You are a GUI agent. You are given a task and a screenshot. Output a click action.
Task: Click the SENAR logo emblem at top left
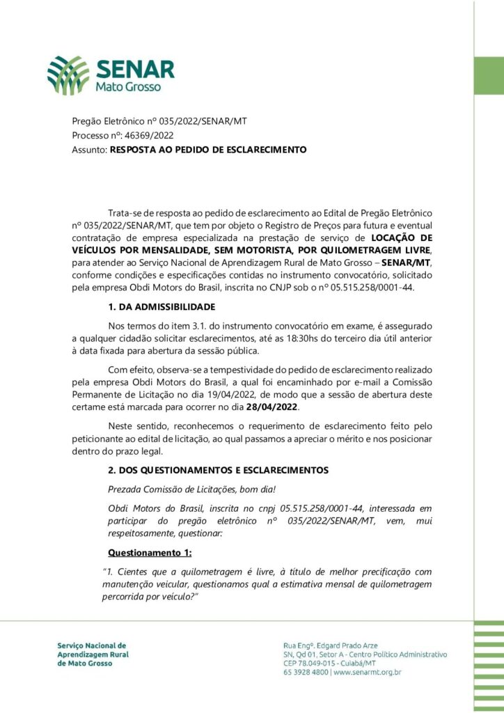[x=68, y=76]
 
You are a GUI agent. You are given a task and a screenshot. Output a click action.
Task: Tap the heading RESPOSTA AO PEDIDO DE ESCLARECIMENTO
[x=208, y=149]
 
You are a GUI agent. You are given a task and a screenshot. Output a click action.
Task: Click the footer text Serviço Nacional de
[x=92, y=645]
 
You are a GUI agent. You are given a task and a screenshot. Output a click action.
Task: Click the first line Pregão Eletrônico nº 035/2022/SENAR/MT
[x=159, y=121]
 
